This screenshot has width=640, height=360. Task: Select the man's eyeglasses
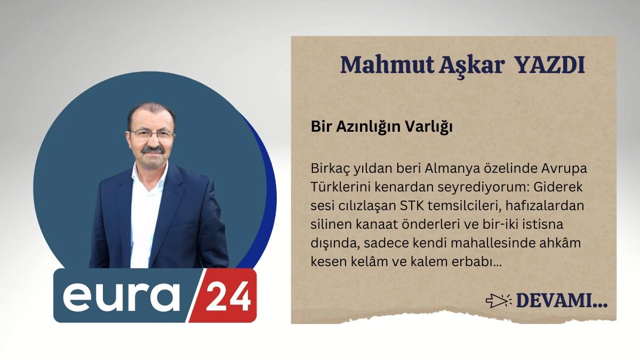coord(152,134)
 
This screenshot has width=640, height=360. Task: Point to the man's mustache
coord(153,150)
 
